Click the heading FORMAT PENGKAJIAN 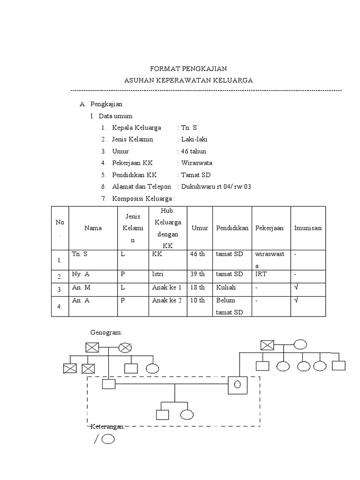pyautogui.click(x=188, y=68)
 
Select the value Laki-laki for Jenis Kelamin pyautogui.click(x=195, y=139)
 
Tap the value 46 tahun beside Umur pyautogui.click(x=194, y=151)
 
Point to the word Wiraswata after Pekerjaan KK pyautogui.click(x=197, y=163)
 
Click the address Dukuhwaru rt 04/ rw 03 pyautogui.click(x=216, y=187)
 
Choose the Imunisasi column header pyautogui.click(x=308, y=228)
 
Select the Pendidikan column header pyautogui.click(x=232, y=228)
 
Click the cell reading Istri pyautogui.click(x=157, y=274)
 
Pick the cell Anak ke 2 pyautogui.click(x=167, y=300)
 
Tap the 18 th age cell pyautogui.click(x=197, y=287)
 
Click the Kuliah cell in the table pyautogui.click(x=226, y=287)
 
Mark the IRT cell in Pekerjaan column pyautogui.click(x=261, y=274)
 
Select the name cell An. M pyautogui.click(x=81, y=287)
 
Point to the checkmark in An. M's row pyautogui.click(x=296, y=287)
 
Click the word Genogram pyautogui.click(x=106, y=332)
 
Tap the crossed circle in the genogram pyautogui.click(x=125, y=348)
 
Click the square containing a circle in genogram pyautogui.click(x=238, y=385)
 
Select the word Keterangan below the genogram pyautogui.click(x=107, y=427)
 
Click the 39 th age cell pyautogui.click(x=197, y=274)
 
